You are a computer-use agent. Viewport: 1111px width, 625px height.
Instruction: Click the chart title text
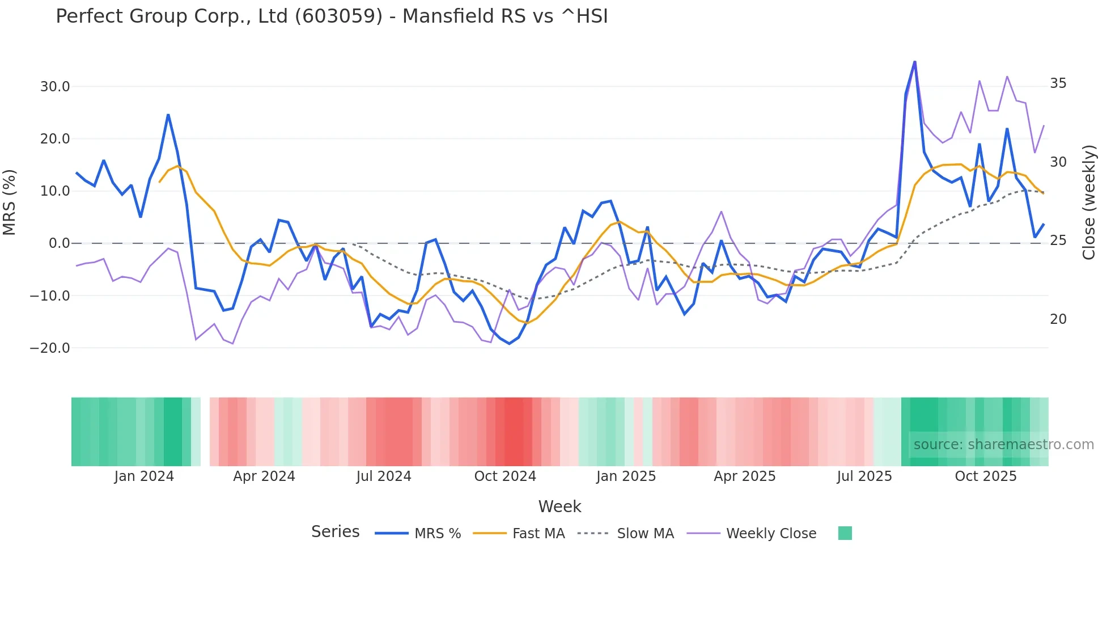[332, 16]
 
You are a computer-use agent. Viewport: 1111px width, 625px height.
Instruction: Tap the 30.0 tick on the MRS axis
[54, 87]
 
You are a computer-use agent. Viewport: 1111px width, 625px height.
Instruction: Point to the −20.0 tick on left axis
[50, 348]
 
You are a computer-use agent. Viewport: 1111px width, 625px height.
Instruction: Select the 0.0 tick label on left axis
[59, 243]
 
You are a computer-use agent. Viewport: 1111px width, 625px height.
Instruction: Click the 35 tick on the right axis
[1058, 83]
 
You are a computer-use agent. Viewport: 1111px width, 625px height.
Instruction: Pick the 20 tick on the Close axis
[1058, 319]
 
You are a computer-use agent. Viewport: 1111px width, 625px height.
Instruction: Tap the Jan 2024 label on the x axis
[144, 476]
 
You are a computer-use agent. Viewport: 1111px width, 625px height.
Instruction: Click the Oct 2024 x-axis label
[505, 476]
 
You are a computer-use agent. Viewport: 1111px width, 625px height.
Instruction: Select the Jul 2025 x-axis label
[864, 476]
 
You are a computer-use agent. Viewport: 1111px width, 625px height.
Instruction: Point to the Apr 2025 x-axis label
[744, 476]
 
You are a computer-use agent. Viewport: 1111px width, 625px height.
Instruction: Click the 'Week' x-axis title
[559, 506]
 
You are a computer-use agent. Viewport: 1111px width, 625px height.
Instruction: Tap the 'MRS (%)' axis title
[10, 202]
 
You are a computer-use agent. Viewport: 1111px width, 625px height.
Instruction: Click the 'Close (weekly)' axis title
[1088, 202]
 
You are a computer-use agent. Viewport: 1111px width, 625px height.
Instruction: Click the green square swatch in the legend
[845, 533]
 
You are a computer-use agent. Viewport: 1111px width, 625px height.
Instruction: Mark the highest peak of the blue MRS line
[914, 62]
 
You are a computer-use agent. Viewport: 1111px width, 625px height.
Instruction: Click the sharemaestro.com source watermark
[1003, 445]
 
